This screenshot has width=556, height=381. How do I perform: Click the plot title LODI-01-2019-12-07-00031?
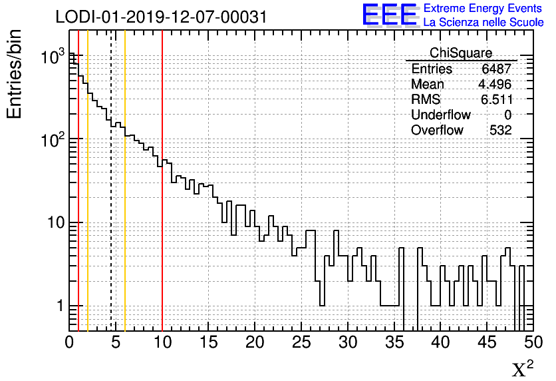tap(161, 17)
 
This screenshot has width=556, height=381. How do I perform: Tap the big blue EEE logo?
tap(389, 15)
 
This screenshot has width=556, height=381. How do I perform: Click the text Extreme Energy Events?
tap(483, 9)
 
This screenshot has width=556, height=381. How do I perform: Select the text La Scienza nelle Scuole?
tap(483, 23)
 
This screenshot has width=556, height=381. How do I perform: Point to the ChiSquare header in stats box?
tap(461, 53)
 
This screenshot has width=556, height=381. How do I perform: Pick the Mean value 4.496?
tap(495, 85)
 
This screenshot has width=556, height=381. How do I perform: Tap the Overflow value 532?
tap(500, 131)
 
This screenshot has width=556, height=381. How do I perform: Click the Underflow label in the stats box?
tap(440, 115)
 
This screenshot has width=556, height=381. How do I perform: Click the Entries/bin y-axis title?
tap(15, 73)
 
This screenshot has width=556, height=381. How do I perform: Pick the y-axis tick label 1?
tap(60, 307)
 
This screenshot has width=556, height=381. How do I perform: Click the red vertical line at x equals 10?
tap(162, 200)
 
